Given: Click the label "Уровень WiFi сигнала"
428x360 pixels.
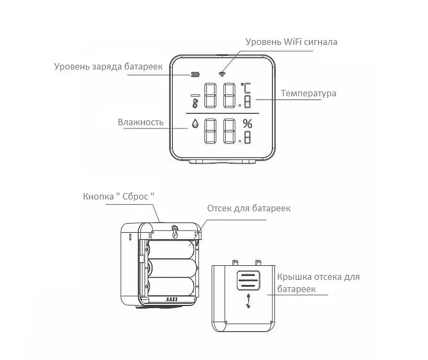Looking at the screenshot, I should (291, 42).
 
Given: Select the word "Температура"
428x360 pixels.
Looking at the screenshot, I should (309, 94).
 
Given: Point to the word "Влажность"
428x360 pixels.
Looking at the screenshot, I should (140, 122).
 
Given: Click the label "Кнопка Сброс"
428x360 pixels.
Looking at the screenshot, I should (118, 196).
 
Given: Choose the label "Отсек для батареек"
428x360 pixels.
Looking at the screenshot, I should (249, 208).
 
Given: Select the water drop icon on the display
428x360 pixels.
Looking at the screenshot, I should (195, 124).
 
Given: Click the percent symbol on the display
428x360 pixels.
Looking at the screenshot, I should (247, 122).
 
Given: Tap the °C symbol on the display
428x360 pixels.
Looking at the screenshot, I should (248, 88).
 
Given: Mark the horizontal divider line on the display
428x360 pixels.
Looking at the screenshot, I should (223, 114).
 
